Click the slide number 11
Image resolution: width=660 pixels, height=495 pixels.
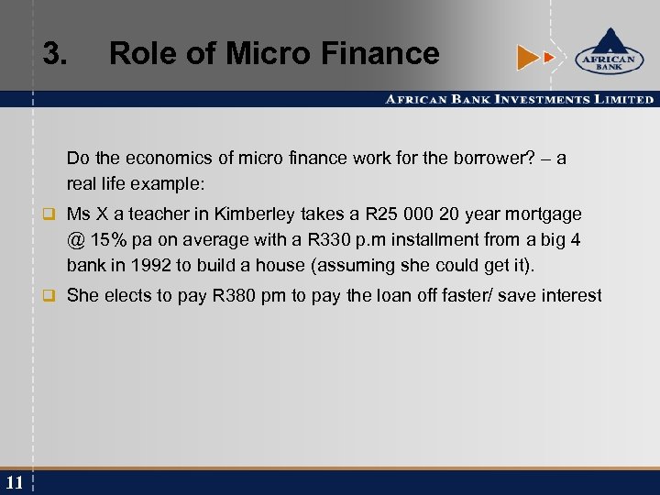pyautogui.click(x=14, y=482)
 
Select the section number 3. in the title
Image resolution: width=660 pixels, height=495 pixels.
pyautogui.click(x=55, y=54)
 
